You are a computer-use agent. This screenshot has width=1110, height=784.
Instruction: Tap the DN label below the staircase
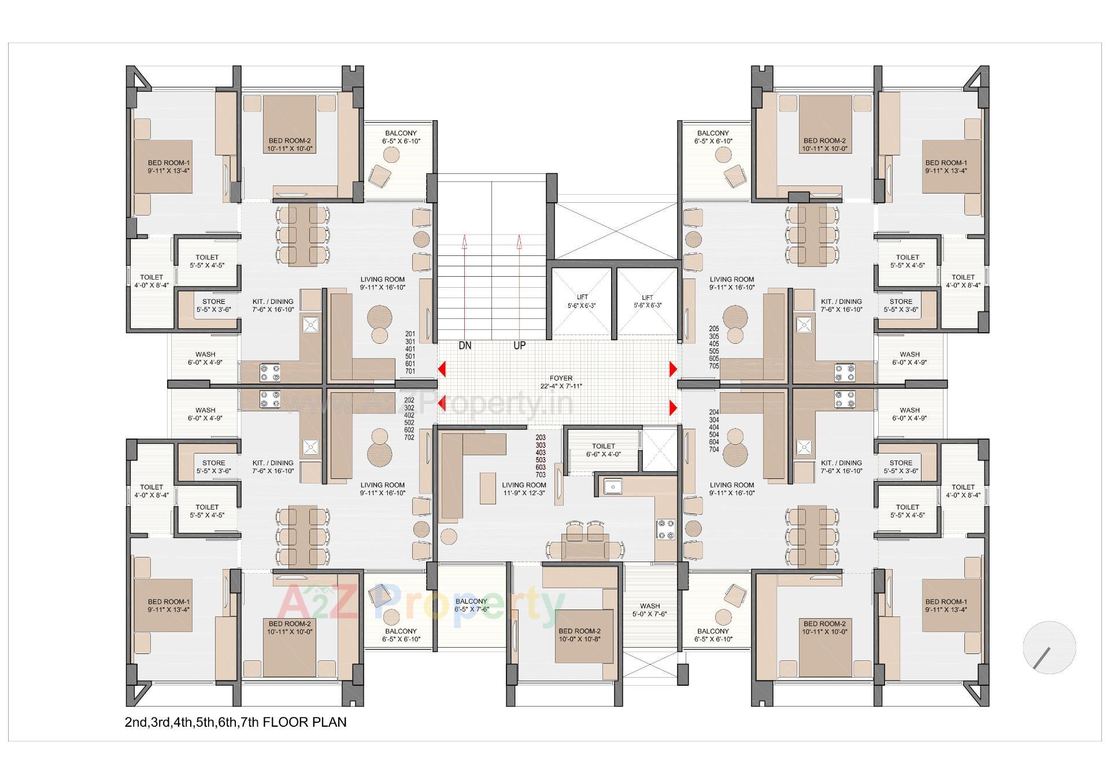[465, 345]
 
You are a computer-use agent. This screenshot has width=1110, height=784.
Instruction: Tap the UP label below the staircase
[519, 345]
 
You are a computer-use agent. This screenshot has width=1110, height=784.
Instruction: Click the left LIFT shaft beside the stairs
[582, 301]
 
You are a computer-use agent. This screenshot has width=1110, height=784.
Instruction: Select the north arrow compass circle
[1049, 647]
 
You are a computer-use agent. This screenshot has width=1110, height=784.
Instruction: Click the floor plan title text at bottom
[235, 722]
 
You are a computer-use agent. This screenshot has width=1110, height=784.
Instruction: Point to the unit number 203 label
[541, 438]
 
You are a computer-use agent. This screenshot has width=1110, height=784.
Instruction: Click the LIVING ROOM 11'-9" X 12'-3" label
[524, 489]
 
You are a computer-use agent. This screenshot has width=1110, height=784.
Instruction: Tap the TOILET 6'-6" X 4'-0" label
[603, 450]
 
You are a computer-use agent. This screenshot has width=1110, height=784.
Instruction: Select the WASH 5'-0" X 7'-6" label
[650, 610]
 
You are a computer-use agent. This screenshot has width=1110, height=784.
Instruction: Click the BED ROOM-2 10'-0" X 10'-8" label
[579, 636]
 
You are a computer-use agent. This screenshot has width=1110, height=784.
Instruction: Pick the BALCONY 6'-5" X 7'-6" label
[471, 605]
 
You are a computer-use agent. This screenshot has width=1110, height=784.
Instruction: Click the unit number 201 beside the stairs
[410, 334]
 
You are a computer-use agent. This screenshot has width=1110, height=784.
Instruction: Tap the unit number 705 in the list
[714, 366]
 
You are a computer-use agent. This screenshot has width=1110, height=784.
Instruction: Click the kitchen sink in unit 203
[612, 487]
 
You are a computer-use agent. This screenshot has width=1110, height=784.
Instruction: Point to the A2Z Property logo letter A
[297, 602]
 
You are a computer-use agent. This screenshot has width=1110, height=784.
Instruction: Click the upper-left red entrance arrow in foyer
[442, 369]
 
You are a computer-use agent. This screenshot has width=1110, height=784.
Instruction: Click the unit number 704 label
[714, 449]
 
